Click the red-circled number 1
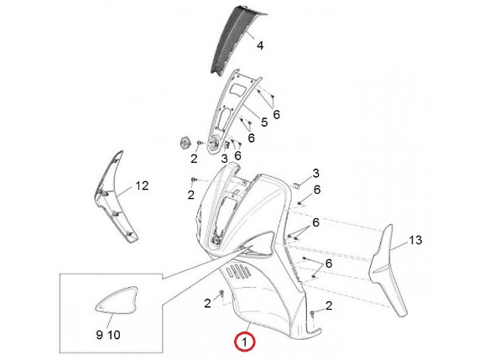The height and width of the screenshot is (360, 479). (x=244, y=342)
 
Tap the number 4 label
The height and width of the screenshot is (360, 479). (x=260, y=45)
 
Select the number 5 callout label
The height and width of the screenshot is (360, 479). (x=264, y=123)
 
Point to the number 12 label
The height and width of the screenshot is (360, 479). (x=142, y=185)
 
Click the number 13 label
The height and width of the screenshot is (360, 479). (x=415, y=240)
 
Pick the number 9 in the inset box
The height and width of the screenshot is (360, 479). (x=99, y=335)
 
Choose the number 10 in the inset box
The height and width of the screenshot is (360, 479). (x=113, y=335)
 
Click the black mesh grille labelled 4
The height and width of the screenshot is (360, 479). (x=234, y=39)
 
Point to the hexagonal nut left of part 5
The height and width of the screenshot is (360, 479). (x=185, y=143)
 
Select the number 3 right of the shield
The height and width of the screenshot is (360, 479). (x=315, y=173)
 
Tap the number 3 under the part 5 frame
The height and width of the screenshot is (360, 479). (x=224, y=159)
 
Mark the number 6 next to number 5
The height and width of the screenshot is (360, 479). (x=276, y=115)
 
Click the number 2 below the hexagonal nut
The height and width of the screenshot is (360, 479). (x=194, y=159)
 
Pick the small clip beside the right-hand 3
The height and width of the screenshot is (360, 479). (x=296, y=185)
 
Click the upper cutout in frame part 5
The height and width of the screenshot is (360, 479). (x=237, y=90)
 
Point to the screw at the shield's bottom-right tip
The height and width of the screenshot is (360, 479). (x=312, y=314)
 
